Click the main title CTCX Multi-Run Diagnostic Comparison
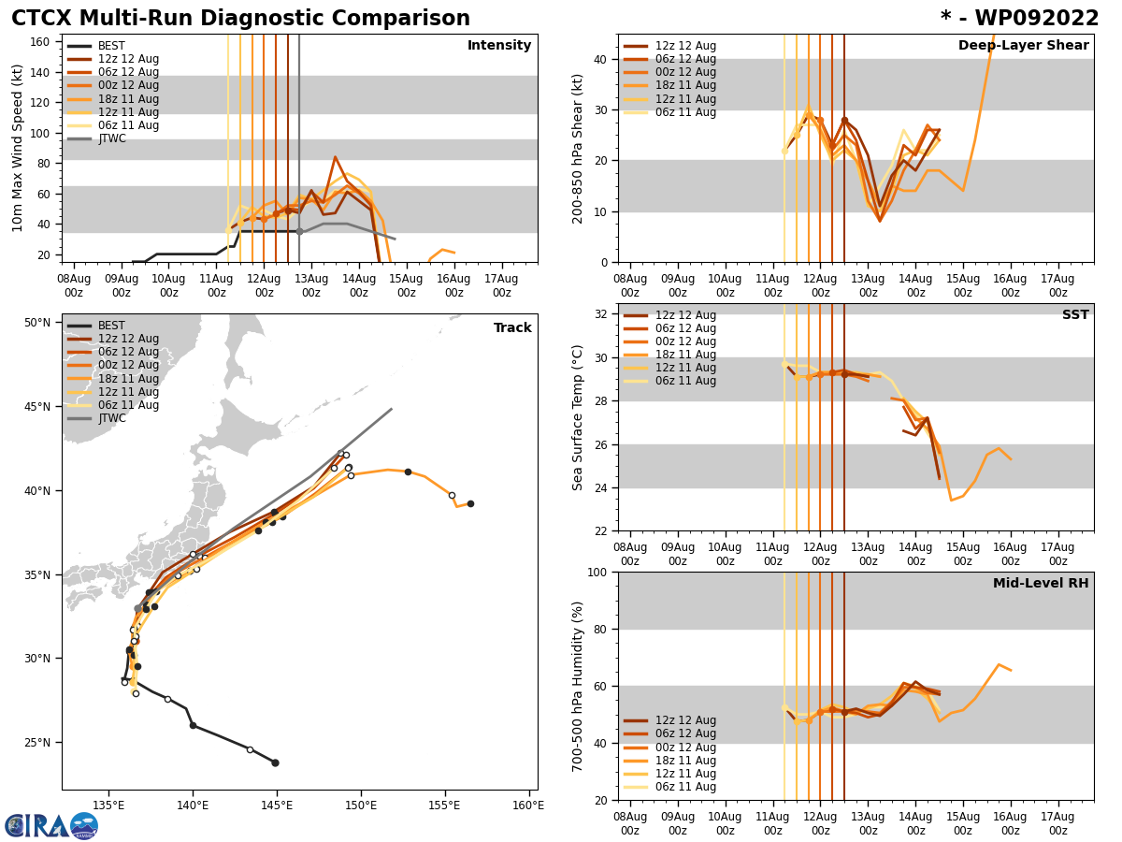(x=240, y=19)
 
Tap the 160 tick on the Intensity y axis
(x=41, y=41)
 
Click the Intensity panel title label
(x=499, y=46)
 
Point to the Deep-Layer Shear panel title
(x=1023, y=46)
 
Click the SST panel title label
(x=1075, y=315)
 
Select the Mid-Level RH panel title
(x=1041, y=584)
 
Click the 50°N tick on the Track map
(x=36, y=323)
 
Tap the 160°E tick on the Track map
(x=527, y=806)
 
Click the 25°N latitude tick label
(x=36, y=743)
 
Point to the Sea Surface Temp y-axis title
(x=579, y=417)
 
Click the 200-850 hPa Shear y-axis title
(x=579, y=149)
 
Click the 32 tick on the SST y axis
(x=599, y=313)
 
